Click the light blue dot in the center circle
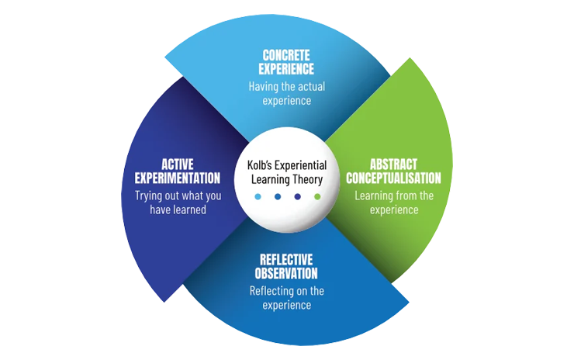click(258, 196)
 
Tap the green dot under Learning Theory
click(317, 196)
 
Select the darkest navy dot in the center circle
click(297, 196)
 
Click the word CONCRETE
click(287, 56)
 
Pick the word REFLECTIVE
click(287, 260)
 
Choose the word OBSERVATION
click(287, 273)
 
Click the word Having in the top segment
click(264, 85)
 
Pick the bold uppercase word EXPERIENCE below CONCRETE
click(287, 69)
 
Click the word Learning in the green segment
click(374, 196)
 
